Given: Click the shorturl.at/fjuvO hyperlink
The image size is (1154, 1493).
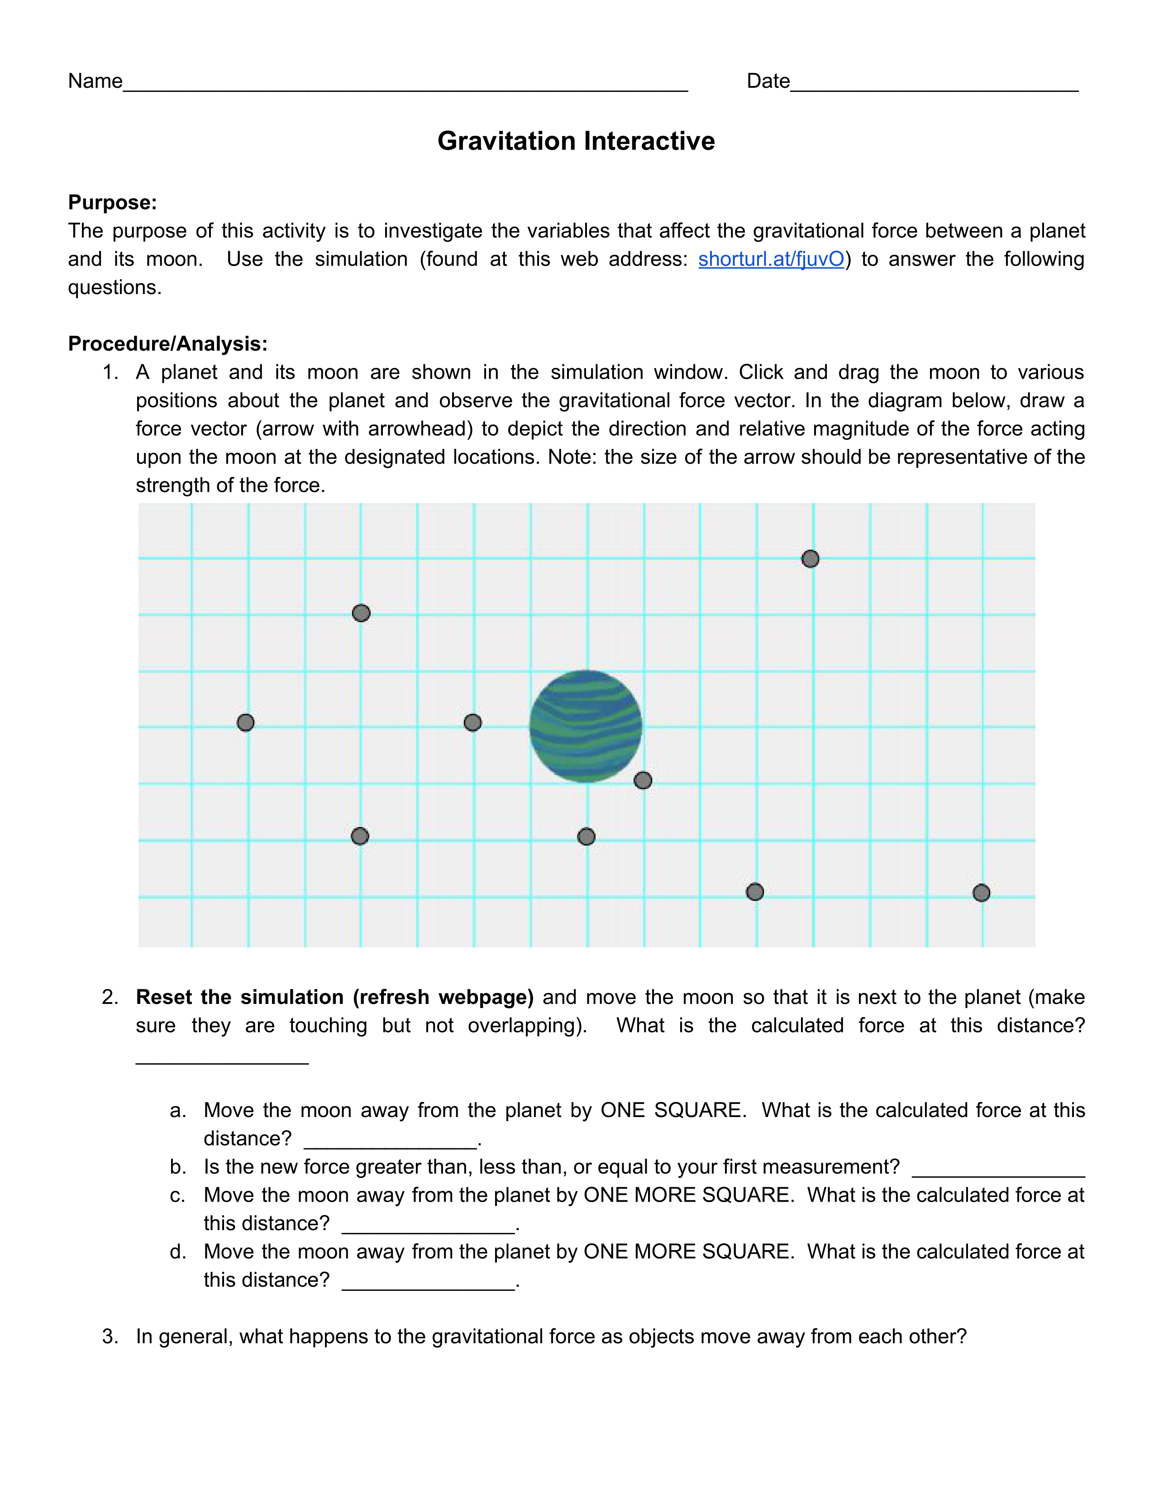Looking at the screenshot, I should [x=771, y=259].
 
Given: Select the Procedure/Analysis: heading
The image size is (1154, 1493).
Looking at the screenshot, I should [x=167, y=343].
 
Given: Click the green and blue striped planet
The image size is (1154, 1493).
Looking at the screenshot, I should [x=586, y=726].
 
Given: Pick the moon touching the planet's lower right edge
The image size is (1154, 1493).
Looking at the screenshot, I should [x=643, y=780].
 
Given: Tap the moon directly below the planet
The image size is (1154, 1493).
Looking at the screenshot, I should [x=586, y=836].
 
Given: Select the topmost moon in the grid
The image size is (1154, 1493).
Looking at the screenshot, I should [x=810, y=558].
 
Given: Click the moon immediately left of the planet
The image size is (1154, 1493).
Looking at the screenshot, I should [x=472, y=722].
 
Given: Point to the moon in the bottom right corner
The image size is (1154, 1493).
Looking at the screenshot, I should [x=981, y=893].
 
